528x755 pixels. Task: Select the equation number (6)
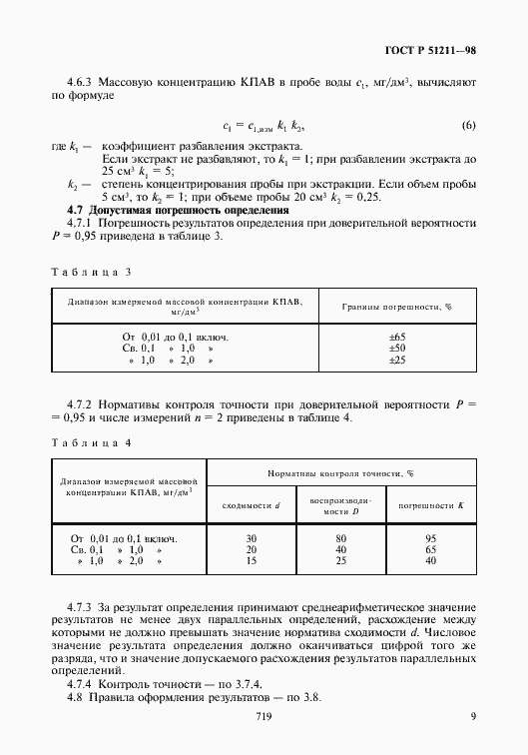[468, 124]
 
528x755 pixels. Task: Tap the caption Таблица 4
[91, 441]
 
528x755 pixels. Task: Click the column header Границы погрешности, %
[397, 308]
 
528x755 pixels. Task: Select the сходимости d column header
[251, 506]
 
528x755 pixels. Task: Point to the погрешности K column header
[431, 506]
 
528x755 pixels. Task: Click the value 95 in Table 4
[431, 538]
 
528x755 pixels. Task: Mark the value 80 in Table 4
[341, 538]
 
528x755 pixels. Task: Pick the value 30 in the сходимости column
[251, 538]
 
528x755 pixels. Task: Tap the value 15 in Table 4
[251, 560]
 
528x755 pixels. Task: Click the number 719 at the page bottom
[264, 716]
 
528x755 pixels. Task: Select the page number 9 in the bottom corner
[473, 716]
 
